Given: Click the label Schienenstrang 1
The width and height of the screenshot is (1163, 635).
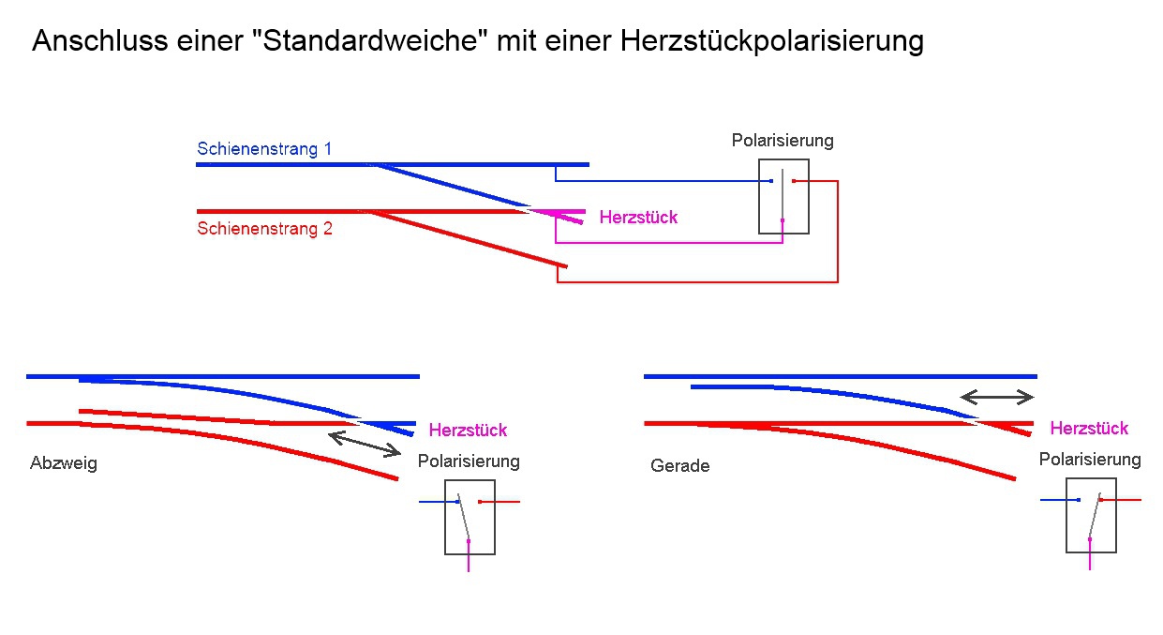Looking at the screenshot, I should (x=264, y=149).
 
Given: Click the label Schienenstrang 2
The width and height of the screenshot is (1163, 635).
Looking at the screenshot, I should (x=264, y=228).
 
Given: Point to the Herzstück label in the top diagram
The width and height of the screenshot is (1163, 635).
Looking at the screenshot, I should (x=638, y=218).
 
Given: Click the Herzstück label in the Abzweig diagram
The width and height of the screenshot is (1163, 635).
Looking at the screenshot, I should (x=468, y=431).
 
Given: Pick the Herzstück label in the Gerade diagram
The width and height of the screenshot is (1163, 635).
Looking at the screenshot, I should (x=1089, y=429).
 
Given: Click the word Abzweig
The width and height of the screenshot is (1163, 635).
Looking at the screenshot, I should (x=64, y=463).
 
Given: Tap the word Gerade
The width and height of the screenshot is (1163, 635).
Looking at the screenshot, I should (x=679, y=465).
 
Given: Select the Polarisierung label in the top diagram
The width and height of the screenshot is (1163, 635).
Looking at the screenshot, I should (x=783, y=141).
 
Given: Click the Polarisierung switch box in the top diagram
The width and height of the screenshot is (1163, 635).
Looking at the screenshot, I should (x=783, y=196).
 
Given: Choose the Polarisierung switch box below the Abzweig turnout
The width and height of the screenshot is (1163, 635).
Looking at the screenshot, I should (x=470, y=517).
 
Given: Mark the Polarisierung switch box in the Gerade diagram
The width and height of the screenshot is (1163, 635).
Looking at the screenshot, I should (x=1091, y=515).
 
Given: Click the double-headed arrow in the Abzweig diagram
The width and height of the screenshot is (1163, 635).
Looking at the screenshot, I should (x=365, y=443).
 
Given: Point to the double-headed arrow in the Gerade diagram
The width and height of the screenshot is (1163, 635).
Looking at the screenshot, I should (x=997, y=396).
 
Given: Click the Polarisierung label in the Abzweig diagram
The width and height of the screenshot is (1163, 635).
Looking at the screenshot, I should (x=469, y=461).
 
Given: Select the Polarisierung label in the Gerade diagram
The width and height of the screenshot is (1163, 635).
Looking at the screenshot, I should (x=1090, y=460).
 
